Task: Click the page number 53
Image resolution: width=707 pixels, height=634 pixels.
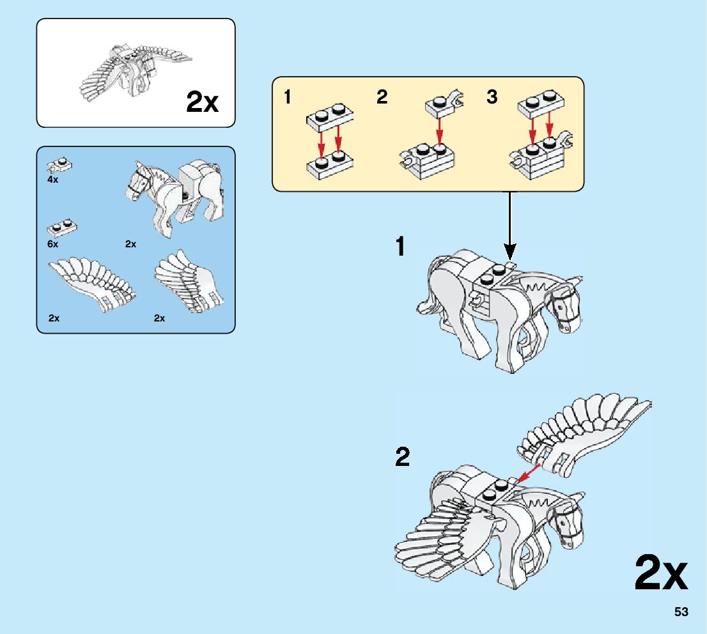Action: pyautogui.click(x=681, y=612)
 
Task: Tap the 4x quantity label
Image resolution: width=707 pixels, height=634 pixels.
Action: pyautogui.click(x=52, y=180)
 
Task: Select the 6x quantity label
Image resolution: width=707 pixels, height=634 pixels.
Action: pyautogui.click(x=52, y=244)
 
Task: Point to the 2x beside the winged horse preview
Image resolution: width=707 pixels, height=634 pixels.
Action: pyautogui.click(x=202, y=102)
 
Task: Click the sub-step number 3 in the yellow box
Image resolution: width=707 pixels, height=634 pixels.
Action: pyautogui.click(x=492, y=97)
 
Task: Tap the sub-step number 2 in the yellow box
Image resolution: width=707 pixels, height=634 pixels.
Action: pyautogui.click(x=382, y=97)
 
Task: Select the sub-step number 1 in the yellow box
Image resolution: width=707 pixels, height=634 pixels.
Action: pyautogui.click(x=288, y=97)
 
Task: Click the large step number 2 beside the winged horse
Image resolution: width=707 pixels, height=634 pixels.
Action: pyautogui.click(x=402, y=458)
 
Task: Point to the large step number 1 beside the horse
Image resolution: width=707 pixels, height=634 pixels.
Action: pyautogui.click(x=401, y=247)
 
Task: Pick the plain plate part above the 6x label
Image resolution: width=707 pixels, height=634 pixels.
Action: pyautogui.click(x=62, y=228)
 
